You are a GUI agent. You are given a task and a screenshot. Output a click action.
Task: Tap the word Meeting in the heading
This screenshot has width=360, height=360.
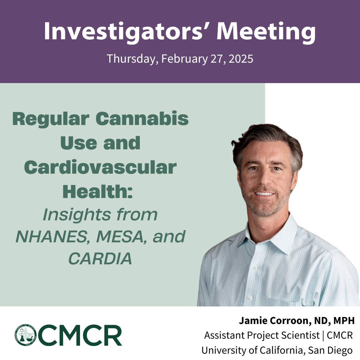[266, 32]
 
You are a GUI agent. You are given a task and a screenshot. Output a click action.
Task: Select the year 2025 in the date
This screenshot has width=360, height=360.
[241, 59]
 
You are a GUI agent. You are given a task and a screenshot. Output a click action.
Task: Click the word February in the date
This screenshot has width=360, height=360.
[185, 59]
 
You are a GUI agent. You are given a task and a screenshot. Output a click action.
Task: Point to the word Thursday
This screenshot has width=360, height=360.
[132, 59]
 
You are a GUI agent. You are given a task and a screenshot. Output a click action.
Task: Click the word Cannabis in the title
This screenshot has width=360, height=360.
[142, 119]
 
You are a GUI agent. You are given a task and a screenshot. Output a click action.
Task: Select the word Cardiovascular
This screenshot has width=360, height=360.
[100, 167]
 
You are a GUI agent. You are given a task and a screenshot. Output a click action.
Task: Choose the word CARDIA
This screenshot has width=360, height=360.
[100, 259]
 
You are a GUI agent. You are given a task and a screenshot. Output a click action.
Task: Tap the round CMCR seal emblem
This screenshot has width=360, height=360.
[25, 335]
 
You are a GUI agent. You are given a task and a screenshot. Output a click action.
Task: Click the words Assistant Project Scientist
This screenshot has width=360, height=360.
[262, 335]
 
